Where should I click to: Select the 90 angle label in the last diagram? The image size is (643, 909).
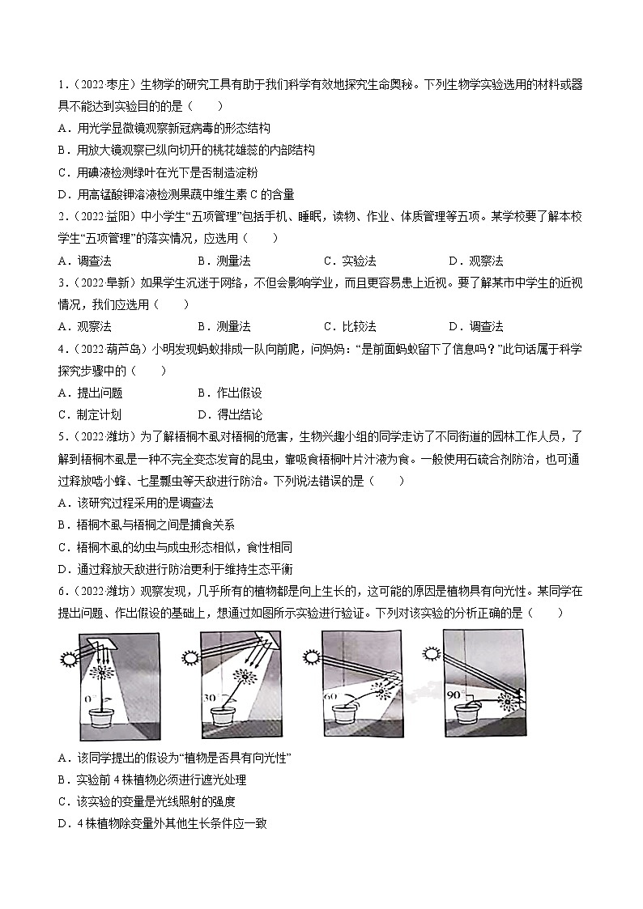pyautogui.click(x=454, y=693)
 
